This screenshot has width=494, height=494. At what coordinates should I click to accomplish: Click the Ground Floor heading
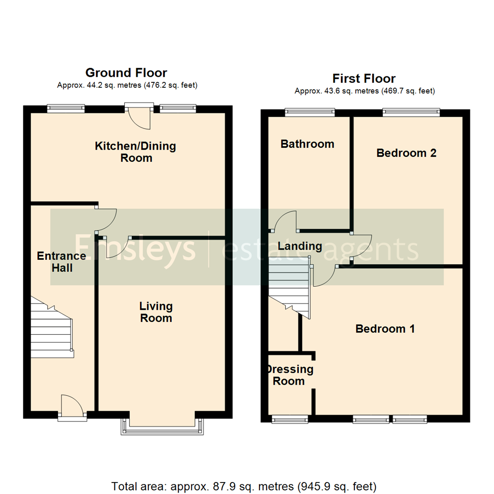pyautogui.click(x=126, y=73)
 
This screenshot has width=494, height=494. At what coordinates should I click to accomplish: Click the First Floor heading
pyautogui.click(x=364, y=78)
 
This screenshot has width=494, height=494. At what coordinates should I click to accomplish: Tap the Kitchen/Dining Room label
pyautogui.click(x=135, y=152)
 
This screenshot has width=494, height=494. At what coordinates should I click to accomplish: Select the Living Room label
pyautogui.click(x=156, y=311)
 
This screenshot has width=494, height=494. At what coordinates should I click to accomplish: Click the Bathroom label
pyautogui.click(x=307, y=144)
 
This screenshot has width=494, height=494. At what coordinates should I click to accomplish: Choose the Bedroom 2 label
pyautogui.click(x=406, y=153)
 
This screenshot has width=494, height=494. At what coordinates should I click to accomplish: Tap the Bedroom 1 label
pyautogui.click(x=385, y=328)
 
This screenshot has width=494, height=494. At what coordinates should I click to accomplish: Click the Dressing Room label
pyautogui.click(x=289, y=375)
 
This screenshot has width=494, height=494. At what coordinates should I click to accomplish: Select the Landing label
pyautogui.click(x=300, y=246)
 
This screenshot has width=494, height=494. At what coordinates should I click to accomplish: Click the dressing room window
pyautogui.click(x=290, y=418)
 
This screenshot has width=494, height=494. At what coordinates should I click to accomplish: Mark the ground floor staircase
pyautogui.click(x=52, y=327)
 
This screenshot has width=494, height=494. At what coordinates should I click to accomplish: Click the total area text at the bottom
pyautogui.click(x=244, y=486)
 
